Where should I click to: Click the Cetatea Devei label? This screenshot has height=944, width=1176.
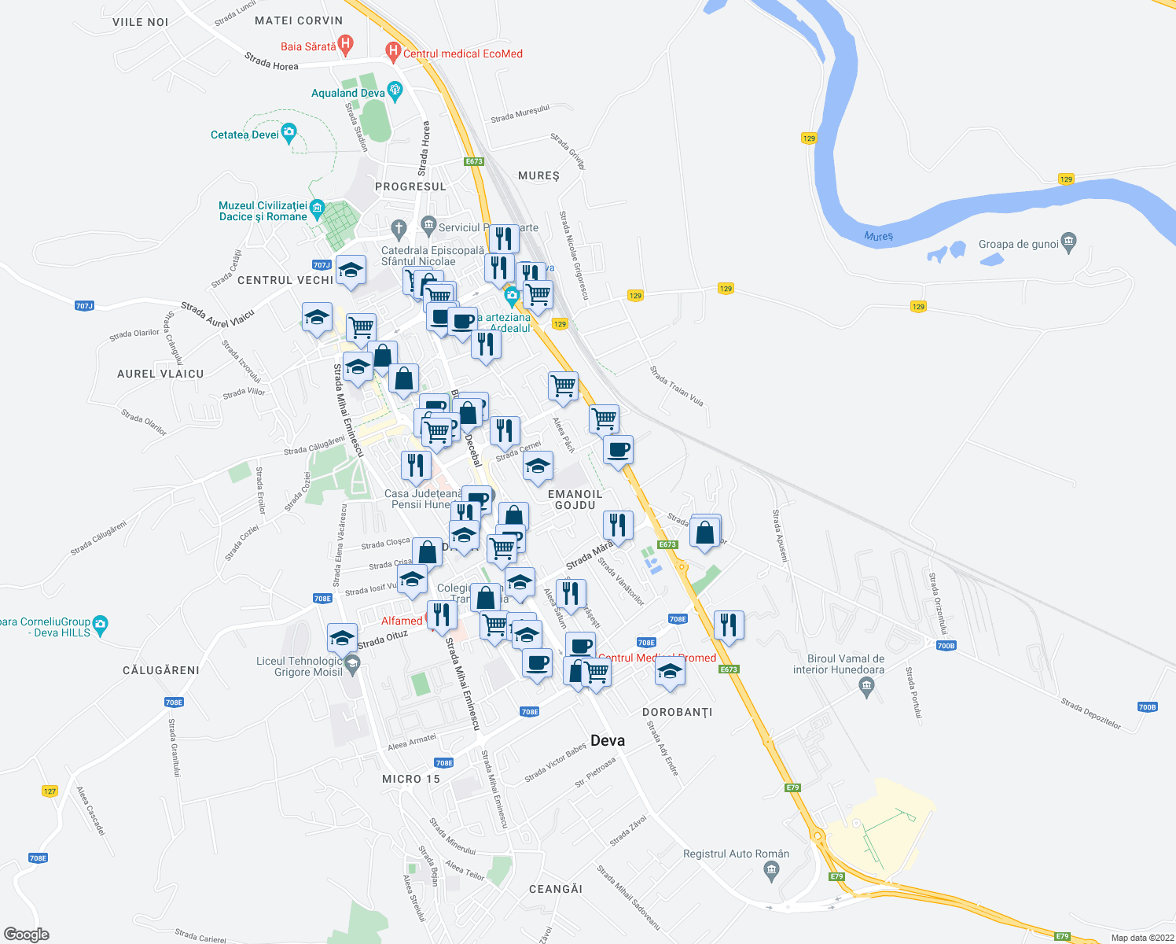pyautogui.click(x=244, y=135)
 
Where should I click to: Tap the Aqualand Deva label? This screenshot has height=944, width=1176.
pyautogui.click(x=347, y=93)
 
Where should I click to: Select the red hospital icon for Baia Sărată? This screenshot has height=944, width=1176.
pyautogui.click(x=344, y=44)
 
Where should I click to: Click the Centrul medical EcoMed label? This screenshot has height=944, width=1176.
pyautogui.click(x=462, y=53)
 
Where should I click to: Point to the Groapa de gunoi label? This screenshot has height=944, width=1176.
pyautogui.click(x=1018, y=244)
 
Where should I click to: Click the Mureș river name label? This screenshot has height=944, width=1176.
pyautogui.click(x=878, y=236)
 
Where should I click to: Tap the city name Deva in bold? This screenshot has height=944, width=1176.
pyautogui.click(x=608, y=740)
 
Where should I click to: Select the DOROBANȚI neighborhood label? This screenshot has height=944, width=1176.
pyautogui.click(x=677, y=712)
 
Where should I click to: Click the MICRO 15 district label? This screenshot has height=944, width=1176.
pyautogui.click(x=411, y=779)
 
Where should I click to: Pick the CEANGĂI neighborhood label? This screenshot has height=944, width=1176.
pyautogui.click(x=556, y=889)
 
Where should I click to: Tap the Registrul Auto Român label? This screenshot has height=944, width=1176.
pyautogui.click(x=736, y=854)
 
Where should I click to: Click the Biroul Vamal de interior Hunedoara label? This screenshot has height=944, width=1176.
pyautogui.click(x=839, y=664)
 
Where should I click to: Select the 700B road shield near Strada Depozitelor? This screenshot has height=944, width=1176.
pyautogui.click(x=1147, y=707)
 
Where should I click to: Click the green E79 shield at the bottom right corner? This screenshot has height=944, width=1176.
pyautogui.click(x=1062, y=936)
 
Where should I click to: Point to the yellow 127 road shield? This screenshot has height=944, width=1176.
pyautogui.click(x=50, y=791)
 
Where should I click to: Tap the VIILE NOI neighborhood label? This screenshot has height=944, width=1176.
pyautogui.click(x=140, y=22)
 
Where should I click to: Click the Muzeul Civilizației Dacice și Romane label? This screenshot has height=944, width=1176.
pyautogui.click(x=263, y=211)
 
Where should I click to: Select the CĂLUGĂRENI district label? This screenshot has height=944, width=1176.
pyautogui.click(x=161, y=670)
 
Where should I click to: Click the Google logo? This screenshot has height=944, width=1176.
pyautogui.click(x=26, y=935)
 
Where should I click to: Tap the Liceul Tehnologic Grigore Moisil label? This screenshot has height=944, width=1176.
pyautogui.click(x=300, y=666)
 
